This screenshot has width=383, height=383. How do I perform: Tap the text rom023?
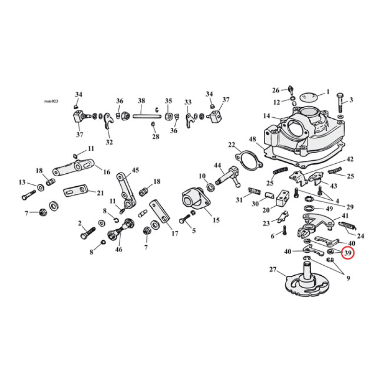pos(50,101)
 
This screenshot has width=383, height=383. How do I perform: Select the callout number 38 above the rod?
pos(141,101)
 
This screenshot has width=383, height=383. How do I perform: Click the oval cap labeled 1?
pos(309,96)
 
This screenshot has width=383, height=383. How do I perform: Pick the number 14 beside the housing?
pos(266,116)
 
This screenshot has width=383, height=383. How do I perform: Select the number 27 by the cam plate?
pos(273,270)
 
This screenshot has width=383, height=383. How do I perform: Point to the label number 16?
pos(106,172)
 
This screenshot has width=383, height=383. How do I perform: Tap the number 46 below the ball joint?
pos(118,249)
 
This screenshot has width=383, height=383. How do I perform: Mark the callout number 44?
pos(218,165)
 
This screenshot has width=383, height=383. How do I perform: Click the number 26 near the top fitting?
pos(276,90)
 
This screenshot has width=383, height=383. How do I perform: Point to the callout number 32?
pos(109,142)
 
